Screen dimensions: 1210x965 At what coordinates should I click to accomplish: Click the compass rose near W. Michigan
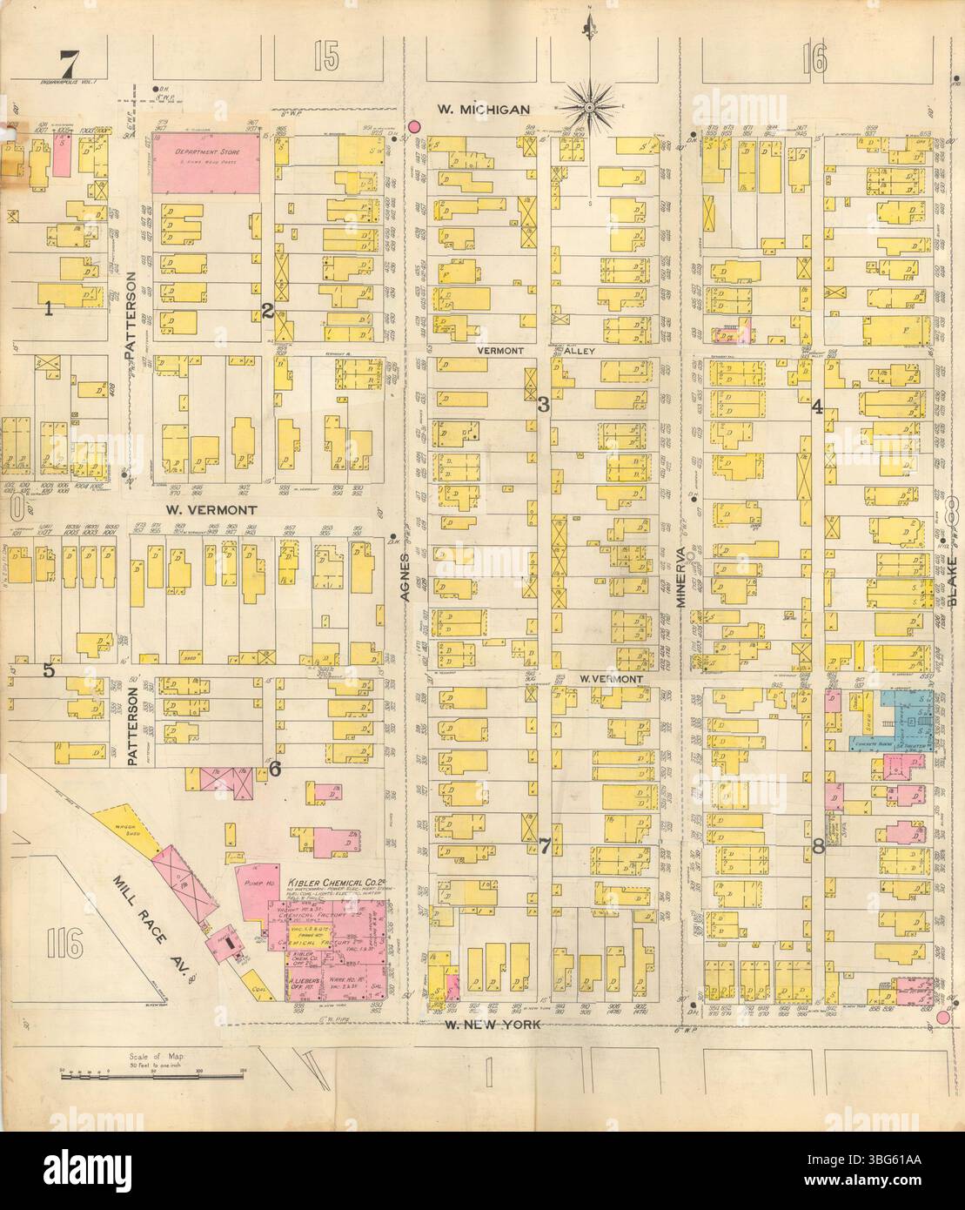590,106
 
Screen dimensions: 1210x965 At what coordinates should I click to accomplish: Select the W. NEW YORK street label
487,1026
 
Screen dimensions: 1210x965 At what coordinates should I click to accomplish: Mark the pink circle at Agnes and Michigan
415,127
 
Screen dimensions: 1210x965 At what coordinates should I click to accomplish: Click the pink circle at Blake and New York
943,1018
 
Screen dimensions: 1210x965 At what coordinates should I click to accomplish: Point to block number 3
543,403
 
